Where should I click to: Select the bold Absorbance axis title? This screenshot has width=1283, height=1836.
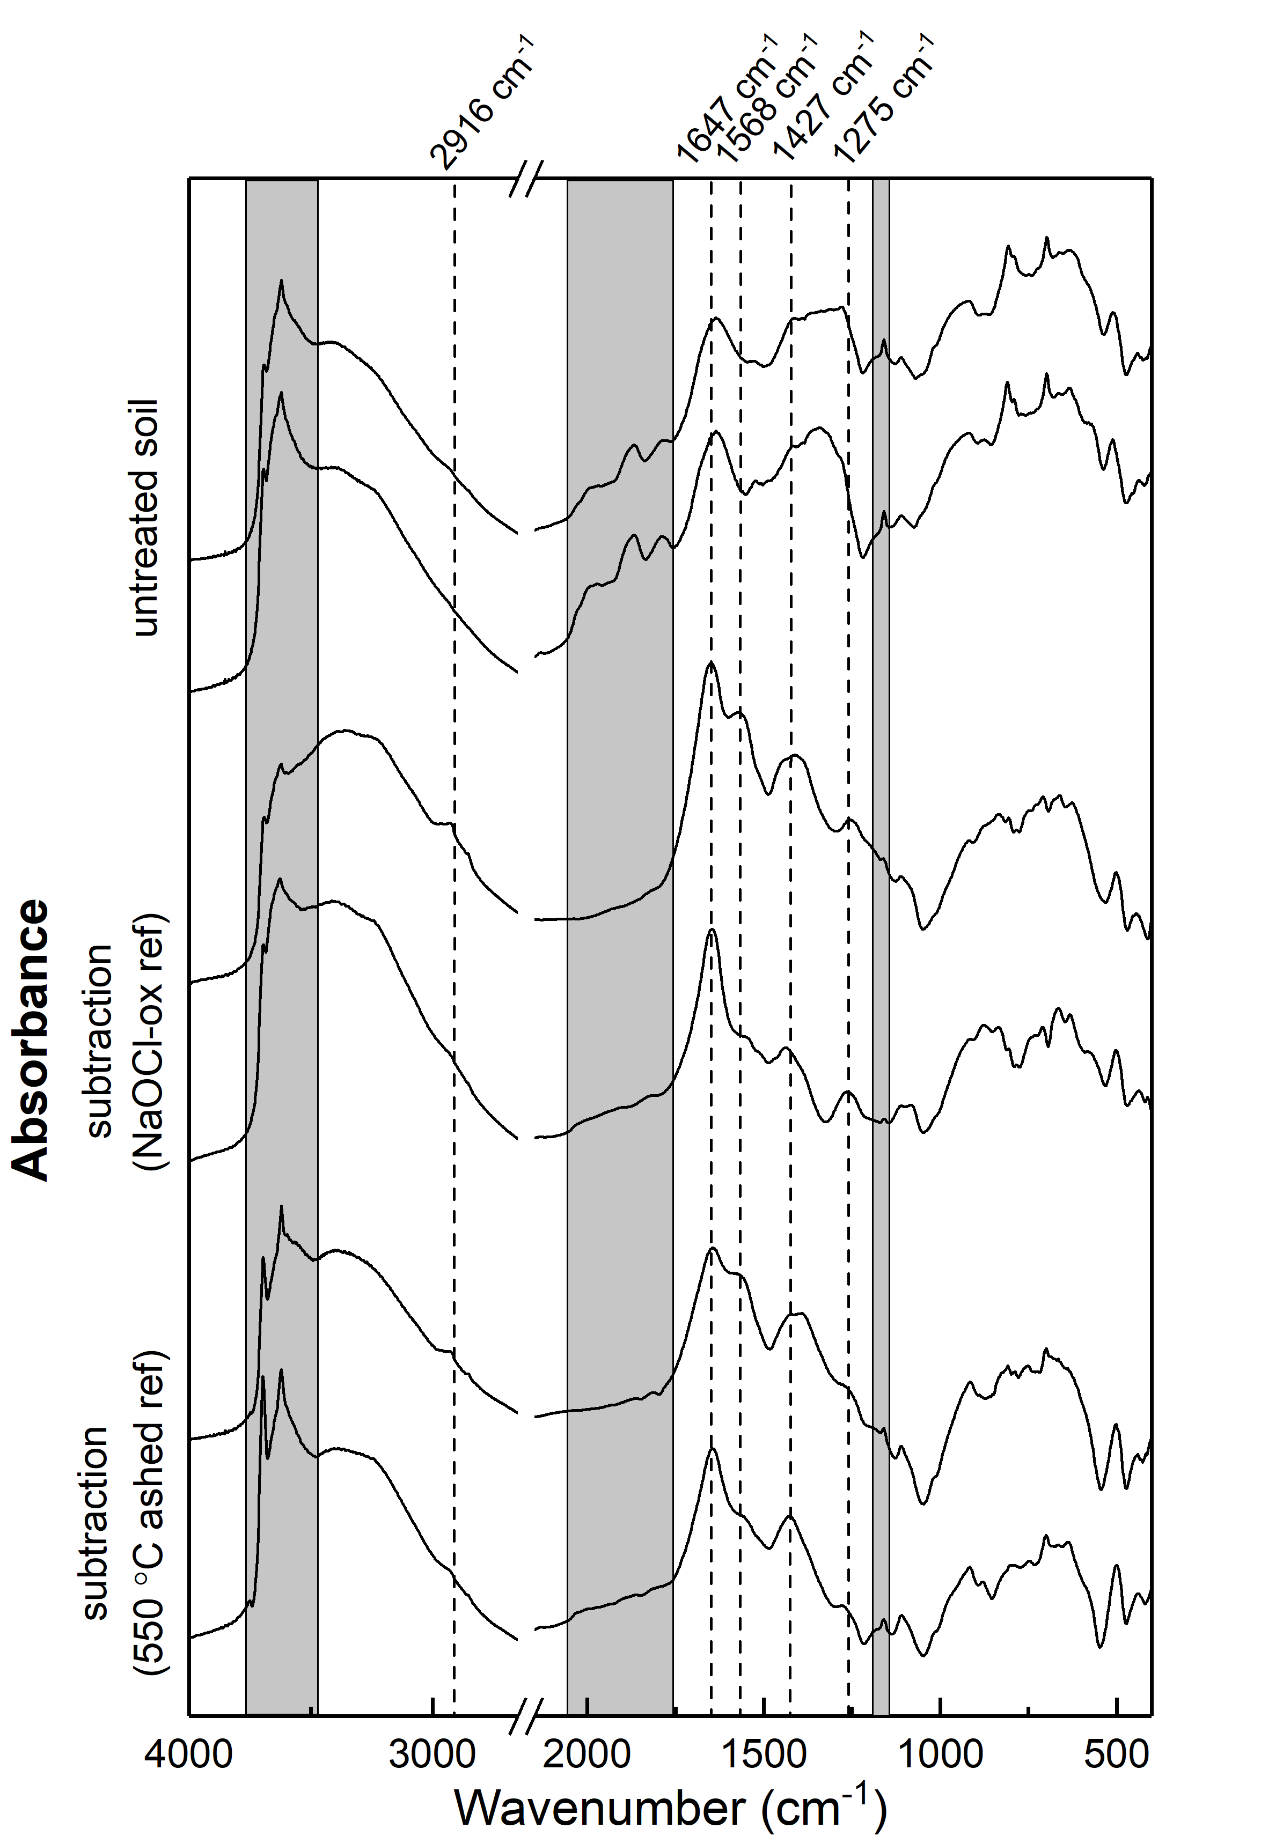tap(32, 1039)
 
